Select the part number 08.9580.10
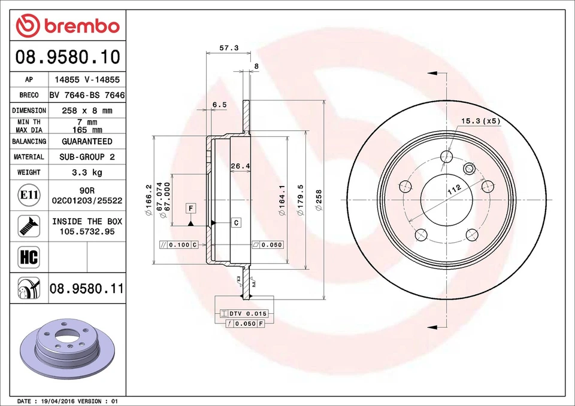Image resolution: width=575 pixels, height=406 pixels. [x=68, y=57]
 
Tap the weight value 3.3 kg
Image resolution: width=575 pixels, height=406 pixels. [x=87, y=172]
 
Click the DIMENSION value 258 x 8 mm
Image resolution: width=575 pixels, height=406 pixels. [x=87, y=111]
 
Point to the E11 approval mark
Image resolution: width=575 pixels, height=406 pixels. [x=29, y=195]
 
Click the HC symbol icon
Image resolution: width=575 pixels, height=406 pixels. [x=29, y=258]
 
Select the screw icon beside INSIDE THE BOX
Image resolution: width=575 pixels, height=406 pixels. [x=29, y=226]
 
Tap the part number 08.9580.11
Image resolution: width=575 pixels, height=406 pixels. [x=87, y=289]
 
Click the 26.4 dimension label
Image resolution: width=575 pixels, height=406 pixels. [x=240, y=166]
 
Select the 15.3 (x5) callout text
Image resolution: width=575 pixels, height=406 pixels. [x=480, y=121]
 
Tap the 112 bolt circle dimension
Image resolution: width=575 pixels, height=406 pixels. [x=453, y=190]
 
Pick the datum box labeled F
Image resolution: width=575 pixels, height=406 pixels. [x=191, y=208]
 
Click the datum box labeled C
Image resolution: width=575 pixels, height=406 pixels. [x=236, y=222]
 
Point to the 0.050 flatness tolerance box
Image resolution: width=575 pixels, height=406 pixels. [x=268, y=245]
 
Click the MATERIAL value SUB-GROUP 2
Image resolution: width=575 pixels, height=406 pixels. [x=87, y=157]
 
